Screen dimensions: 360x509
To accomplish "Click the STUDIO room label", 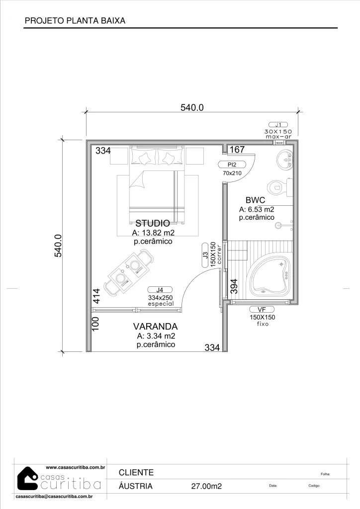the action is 153,223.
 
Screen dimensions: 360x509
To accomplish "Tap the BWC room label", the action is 255,200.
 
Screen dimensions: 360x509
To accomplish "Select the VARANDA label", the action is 155,326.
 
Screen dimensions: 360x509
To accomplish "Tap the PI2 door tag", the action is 232,165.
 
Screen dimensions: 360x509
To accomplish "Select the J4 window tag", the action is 160,290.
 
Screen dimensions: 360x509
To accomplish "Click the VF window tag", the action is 262,310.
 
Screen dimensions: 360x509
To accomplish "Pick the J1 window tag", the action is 278,125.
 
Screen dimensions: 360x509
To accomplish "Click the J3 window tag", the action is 205,255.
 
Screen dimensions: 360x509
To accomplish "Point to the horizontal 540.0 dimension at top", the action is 192,107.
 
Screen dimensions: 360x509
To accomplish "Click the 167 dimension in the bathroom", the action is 237,149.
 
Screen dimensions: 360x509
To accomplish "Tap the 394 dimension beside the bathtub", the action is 234,286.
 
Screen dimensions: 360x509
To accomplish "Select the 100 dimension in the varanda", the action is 95,324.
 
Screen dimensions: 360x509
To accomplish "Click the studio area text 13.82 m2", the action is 153,233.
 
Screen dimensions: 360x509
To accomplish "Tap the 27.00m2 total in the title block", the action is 206,486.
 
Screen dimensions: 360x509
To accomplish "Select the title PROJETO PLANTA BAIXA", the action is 75,21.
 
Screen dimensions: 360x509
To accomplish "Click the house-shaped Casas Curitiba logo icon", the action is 27,479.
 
